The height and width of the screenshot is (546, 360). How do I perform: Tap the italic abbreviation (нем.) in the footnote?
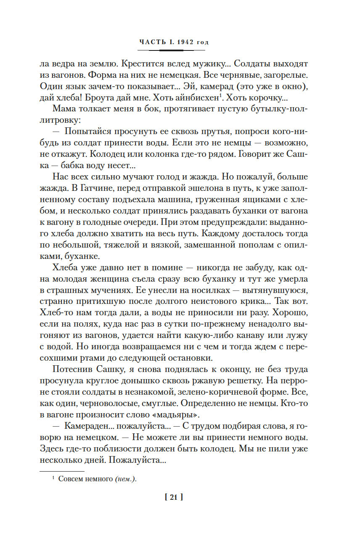click(x=126, y=479)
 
